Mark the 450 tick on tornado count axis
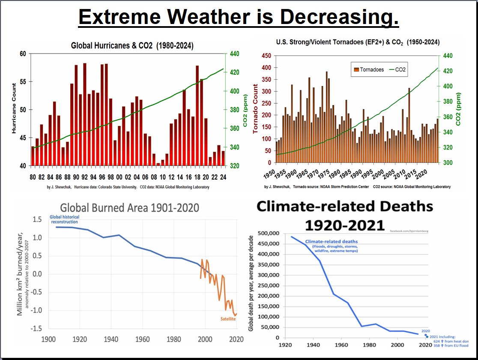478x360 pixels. coord(266,56)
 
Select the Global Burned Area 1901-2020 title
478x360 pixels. coord(130,208)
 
